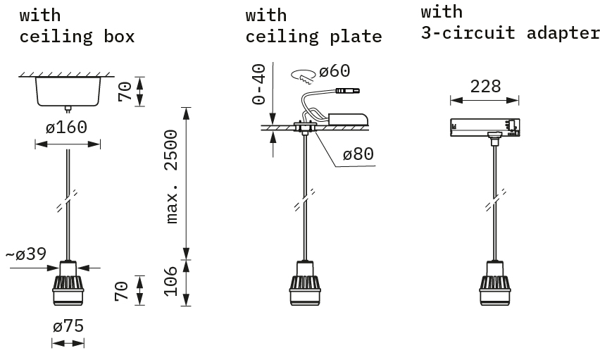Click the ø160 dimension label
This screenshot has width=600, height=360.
click(x=67, y=127)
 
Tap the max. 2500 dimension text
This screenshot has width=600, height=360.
click(x=171, y=177)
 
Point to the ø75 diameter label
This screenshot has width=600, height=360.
click(x=68, y=326)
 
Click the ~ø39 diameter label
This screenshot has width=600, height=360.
click(x=26, y=254)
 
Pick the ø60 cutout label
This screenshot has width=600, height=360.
click(x=335, y=71)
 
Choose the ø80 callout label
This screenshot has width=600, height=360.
click(x=358, y=154)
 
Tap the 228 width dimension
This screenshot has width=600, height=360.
click(x=485, y=87)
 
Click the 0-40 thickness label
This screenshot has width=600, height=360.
click(x=259, y=84)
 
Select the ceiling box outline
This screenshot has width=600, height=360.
click(x=68, y=92)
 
